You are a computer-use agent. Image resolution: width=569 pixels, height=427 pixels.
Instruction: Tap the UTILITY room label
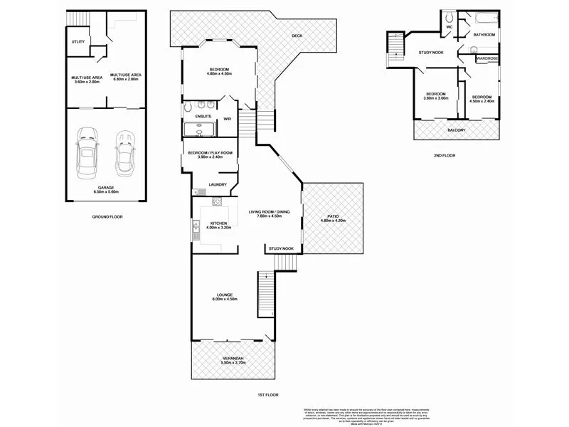tap(78, 41)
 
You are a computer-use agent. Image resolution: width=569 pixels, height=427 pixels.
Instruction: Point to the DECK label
tap(297, 36)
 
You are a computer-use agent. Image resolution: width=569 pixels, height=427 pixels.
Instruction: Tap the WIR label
tap(228, 119)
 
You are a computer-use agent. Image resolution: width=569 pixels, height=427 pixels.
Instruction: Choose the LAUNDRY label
tap(218, 185)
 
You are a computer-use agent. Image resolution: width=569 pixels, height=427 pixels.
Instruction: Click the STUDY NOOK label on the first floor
tap(281, 248)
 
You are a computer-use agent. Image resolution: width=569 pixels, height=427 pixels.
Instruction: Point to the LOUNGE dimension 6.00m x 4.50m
tap(225, 300)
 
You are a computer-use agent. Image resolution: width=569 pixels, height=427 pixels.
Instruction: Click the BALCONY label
tap(456, 130)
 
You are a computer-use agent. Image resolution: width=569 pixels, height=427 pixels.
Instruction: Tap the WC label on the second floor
tap(450, 28)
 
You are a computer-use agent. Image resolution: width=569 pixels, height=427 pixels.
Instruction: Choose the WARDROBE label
tap(487, 58)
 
